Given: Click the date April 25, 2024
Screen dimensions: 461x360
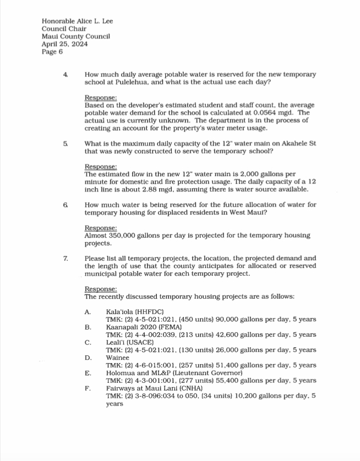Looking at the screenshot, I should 61,45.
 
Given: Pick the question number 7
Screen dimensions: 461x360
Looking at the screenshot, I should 66,258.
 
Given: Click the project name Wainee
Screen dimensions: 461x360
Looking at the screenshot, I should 118,358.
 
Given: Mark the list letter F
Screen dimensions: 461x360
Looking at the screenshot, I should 88,388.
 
